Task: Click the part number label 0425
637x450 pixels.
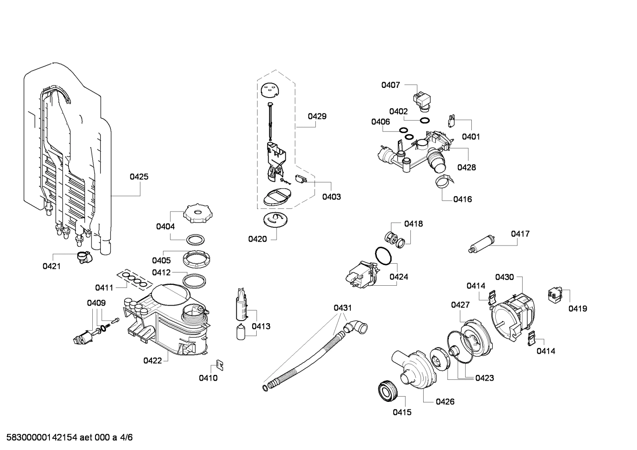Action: point(139,177)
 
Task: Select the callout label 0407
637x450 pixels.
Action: point(391,85)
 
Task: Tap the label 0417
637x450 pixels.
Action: point(520,234)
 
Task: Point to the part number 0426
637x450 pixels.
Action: point(445,401)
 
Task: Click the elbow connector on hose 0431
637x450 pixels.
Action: point(355,328)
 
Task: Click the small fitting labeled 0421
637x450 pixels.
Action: point(83,257)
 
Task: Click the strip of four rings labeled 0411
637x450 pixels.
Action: point(134,279)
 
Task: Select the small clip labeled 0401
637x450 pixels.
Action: point(451,120)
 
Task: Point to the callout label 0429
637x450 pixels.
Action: point(317,116)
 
